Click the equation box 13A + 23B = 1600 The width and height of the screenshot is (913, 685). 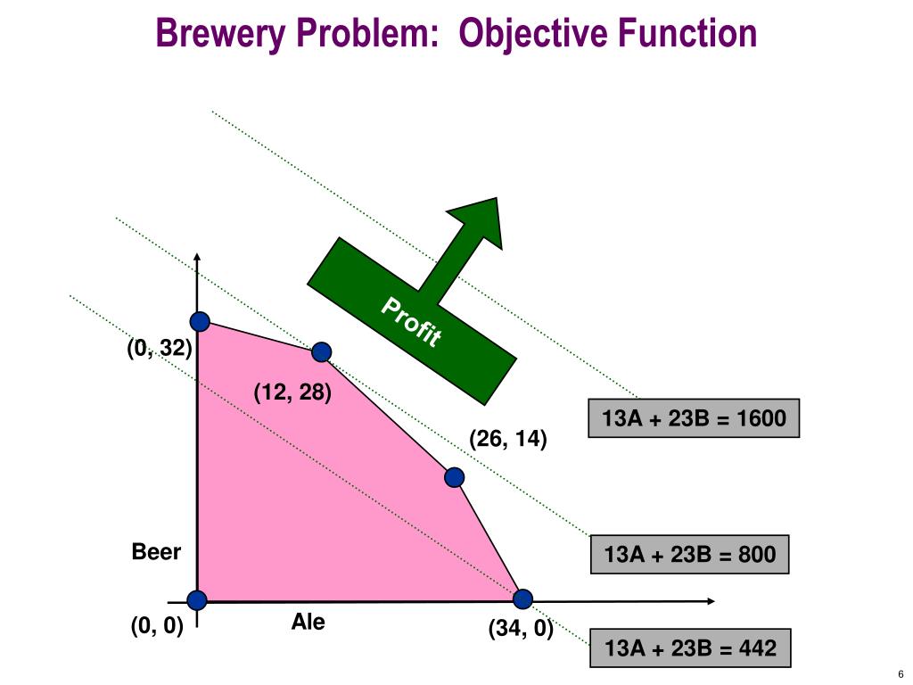coord(694,418)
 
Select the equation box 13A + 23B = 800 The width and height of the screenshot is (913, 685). coord(689,554)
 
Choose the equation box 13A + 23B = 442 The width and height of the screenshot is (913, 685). coord(690,648)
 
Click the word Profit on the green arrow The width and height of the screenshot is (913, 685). coord(411,321)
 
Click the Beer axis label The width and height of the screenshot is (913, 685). coord(156,551)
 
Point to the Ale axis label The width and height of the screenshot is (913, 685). coord(308,622)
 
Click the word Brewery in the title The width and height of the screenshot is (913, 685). coord(221,33)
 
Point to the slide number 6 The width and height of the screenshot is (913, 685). coord(901,674)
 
